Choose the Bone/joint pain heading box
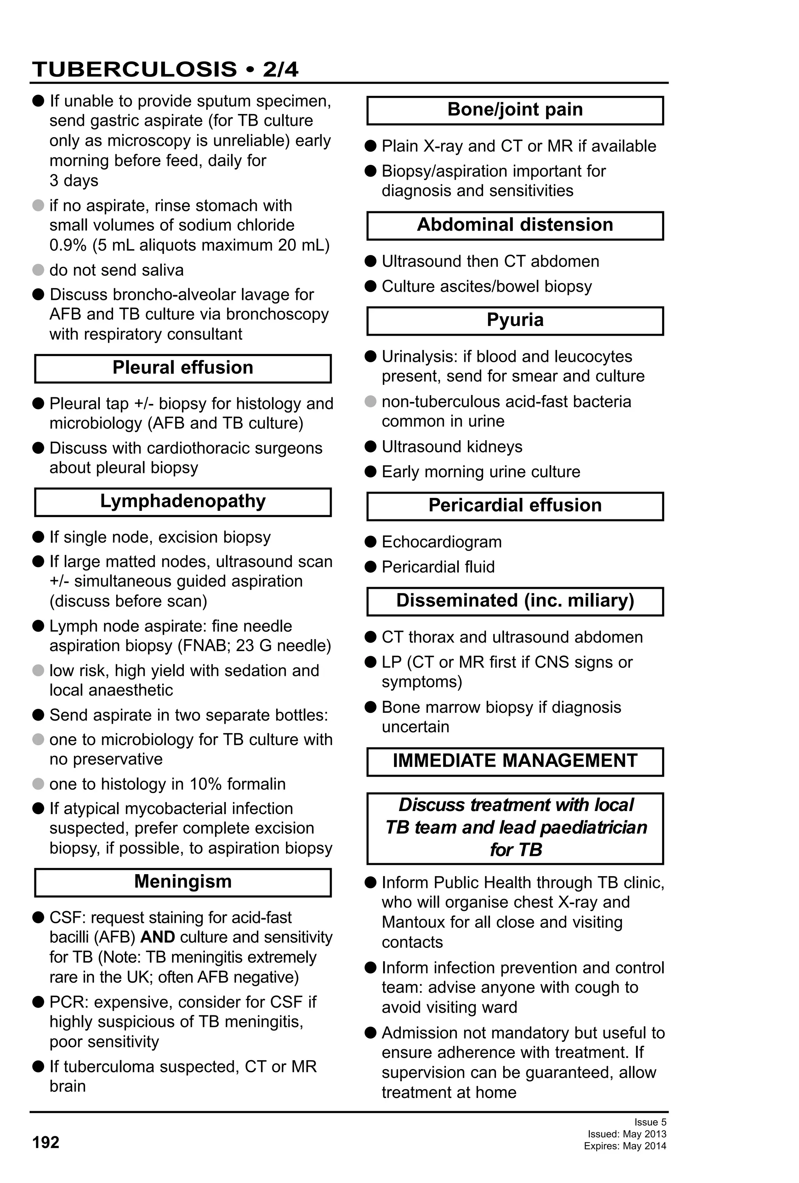point(515,110)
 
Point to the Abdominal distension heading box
point(515,225)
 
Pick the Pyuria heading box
point(515,320)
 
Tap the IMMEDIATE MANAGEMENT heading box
point(515,761)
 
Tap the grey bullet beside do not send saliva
point(38,270)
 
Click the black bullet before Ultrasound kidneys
point(371,446)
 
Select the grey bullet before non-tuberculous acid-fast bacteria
point(371,402)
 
